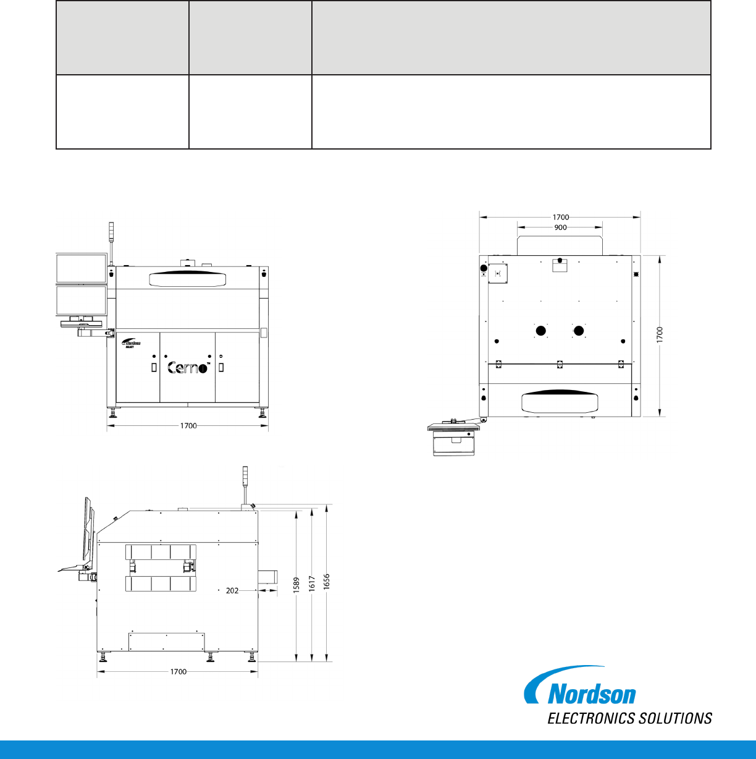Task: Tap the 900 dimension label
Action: pyautogui.click(x=560, y=227)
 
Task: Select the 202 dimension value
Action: pyautogui.click(x=232, y=591)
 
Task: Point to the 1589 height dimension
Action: pyautogui.click(x=296, y=585)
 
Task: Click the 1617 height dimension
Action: pyautogui.click(x=312, y=583)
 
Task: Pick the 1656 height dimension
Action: pyautogui.click(x=326, y=582)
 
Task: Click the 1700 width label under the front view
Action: pyautogui.click(x=188, y=426)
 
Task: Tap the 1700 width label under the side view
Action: pyautogui.click(x=178, y=672)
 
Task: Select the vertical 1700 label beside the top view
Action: pyautogui.click(x=660, y=335)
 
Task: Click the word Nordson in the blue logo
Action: pyautogui.click(x=592, y=694)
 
